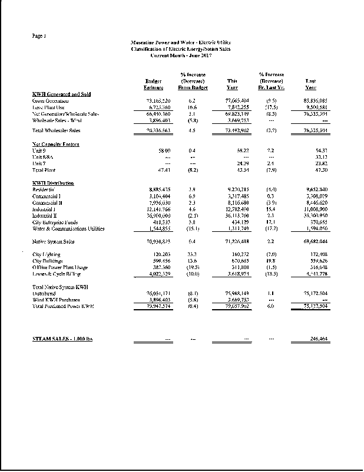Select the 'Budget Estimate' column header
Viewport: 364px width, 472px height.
click(x=153, y=84)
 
